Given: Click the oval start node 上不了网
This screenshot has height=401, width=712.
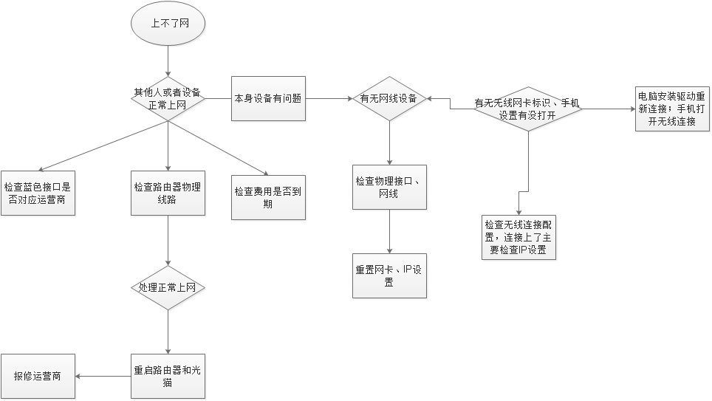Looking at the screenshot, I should coord(168,24).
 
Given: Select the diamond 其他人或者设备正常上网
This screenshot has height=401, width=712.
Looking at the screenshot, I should coord(168,99).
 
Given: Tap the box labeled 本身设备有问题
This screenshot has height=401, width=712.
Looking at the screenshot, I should coord(268,98).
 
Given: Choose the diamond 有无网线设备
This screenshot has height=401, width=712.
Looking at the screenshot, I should coord(389,99).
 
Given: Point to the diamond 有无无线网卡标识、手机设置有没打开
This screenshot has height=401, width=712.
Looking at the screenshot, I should coord(527,109).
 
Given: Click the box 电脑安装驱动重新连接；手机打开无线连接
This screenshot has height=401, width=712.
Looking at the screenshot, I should coord(671,109).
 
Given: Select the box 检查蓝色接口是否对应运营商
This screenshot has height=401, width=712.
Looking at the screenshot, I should coord(38,193).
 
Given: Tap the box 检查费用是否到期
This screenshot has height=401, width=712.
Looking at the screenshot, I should coord(268,197).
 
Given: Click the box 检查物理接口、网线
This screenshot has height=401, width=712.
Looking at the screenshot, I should coord(389,187).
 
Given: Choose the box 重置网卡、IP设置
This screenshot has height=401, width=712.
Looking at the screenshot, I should coord(389,275).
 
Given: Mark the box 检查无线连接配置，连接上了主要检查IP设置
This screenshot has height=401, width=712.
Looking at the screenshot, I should coord(518,237).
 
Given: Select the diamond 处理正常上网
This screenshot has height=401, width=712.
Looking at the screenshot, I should coord(168,287).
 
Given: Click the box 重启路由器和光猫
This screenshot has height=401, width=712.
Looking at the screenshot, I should coord(168,377).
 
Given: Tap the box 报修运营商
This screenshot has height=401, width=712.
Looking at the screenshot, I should coord(38,377).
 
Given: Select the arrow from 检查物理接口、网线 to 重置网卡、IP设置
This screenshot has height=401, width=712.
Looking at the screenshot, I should coord(389,231).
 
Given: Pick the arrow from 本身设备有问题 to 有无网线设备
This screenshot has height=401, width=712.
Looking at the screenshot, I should coord(328,99).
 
